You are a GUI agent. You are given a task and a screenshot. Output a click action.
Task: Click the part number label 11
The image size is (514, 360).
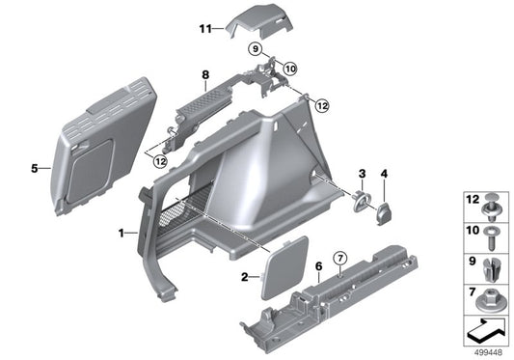203,30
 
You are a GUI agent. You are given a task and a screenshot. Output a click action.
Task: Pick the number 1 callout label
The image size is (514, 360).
121,234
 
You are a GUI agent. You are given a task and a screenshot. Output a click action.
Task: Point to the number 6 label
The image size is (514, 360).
319,264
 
